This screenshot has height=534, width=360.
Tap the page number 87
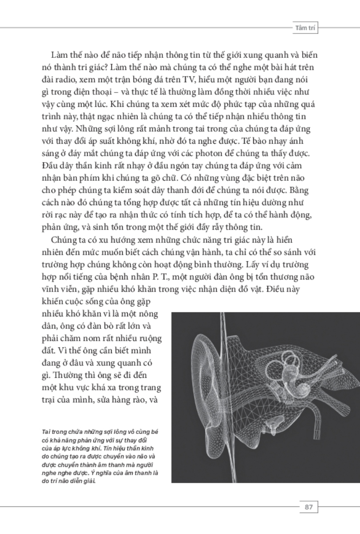pyautogui.click(x=309, y=507)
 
